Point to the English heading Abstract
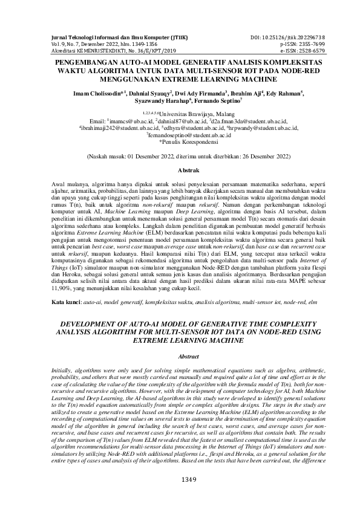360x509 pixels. coord(180,357)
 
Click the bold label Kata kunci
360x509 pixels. coord(64,300)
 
